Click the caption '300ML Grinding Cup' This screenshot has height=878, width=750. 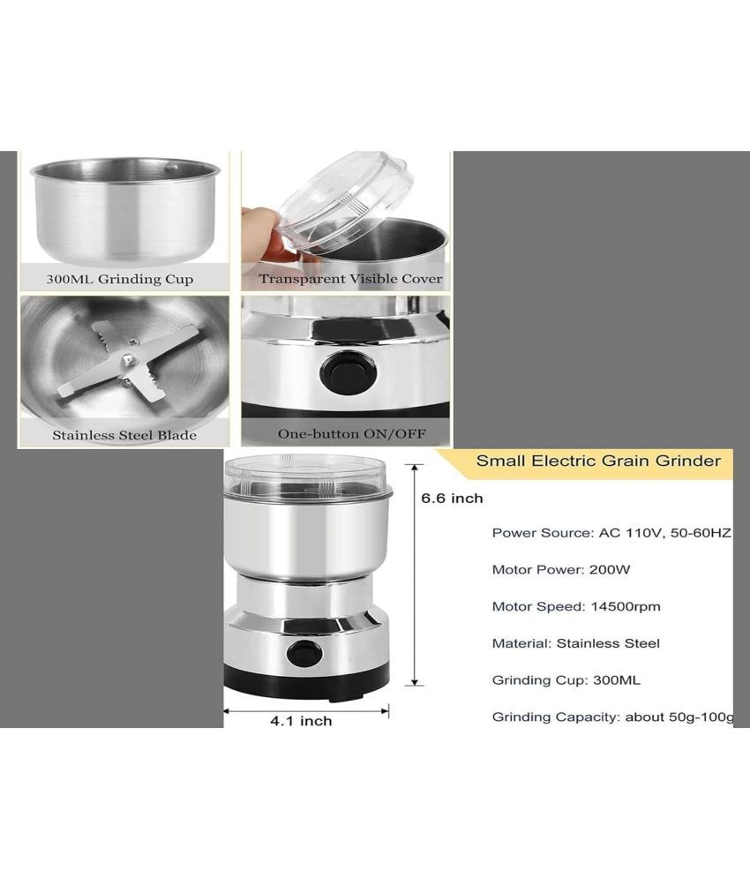tap(120, 279)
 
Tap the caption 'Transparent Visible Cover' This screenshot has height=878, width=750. tap(350, 279)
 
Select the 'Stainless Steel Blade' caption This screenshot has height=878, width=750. tap(124, 435)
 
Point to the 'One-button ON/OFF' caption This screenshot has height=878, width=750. tap(352, 433)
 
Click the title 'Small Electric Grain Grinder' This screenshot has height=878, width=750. tap(598, 461)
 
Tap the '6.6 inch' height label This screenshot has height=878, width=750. tap(452, 499)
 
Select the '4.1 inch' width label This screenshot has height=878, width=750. tap(301, 721)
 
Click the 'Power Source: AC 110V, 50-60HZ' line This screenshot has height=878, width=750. tap(611, 532)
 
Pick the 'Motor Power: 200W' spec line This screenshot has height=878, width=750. tap(560, 569)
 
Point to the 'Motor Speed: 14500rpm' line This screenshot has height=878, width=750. tap(576, 606)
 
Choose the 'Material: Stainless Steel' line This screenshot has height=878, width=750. tap(576, 643)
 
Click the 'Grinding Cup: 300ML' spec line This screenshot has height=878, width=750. tap(566, 680)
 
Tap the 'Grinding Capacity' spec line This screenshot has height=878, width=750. tap(612, 717)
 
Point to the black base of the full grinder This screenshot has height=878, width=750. tap(306, 683)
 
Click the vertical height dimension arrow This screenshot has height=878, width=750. tap(415, 575)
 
